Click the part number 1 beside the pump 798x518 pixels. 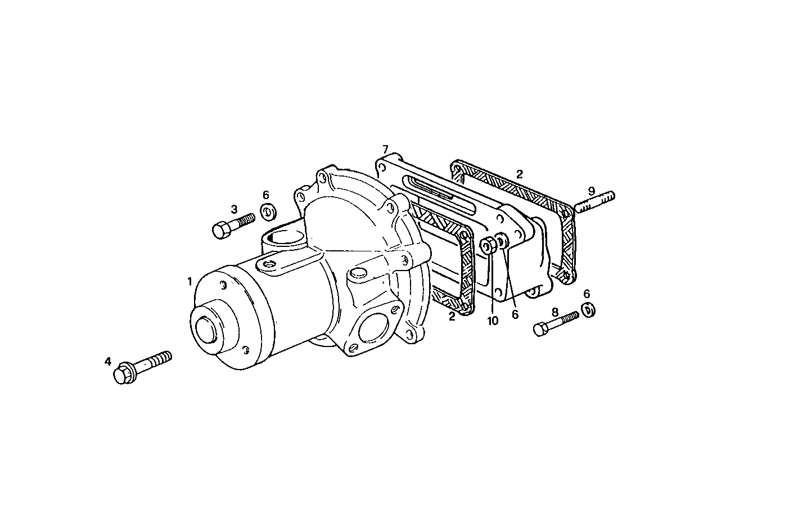[x=190, y=281]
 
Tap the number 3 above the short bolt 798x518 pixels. [x=233, y=209]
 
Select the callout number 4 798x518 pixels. [x=108, y=361]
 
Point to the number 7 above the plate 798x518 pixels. [x=385, y=150]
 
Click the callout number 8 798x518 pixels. [x=554, y=312]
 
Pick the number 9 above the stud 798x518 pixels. [x=591, y=191]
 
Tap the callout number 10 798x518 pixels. [x=493, y=321]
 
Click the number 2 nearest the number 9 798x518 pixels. [x=520, y=174]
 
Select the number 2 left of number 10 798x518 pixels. [x=452, y=317]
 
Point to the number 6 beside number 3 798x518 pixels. [x=266, y=195]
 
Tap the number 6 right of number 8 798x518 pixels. [x=587, y=294]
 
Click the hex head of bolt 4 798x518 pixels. [x=123, y=375]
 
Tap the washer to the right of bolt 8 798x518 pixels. [x=588, y=309]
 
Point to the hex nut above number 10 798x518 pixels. [x=488, y=245]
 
